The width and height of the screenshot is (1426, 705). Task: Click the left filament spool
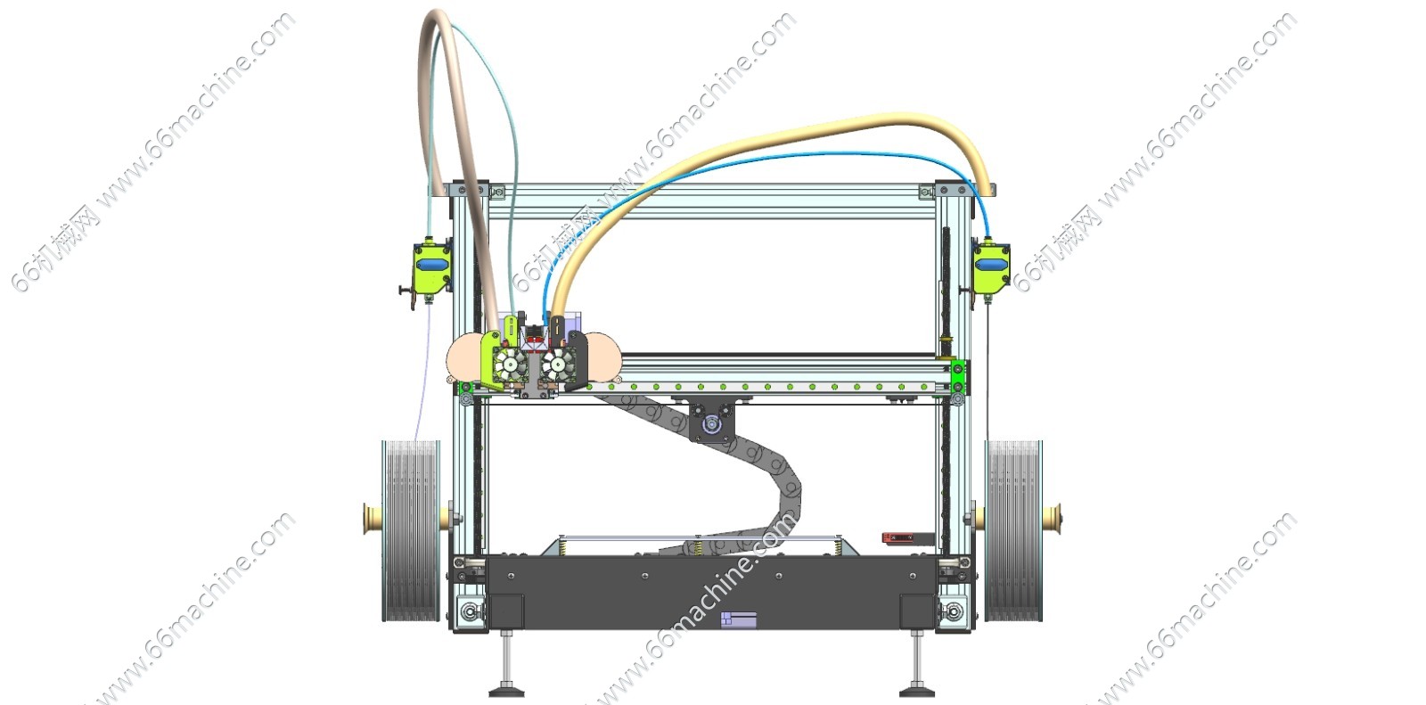pyautogui.click(x=411, y=530)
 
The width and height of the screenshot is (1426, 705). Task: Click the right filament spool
pyautogui.click(x=1013, y=530)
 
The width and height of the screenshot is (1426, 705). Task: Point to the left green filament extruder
pyautogui.click(x=431, y=268)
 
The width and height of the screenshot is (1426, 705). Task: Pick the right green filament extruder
pyautogui.click(x=991, y=268)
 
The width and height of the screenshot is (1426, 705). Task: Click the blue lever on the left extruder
pyautogui.click(x=432, y=264)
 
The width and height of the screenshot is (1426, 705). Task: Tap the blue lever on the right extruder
pyautogui.click(x=991, y=264)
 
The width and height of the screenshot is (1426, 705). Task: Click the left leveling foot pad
pyautogui.click(x=507, y=691)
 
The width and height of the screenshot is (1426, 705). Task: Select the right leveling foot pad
pyautogui.click(x=917, y=691)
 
